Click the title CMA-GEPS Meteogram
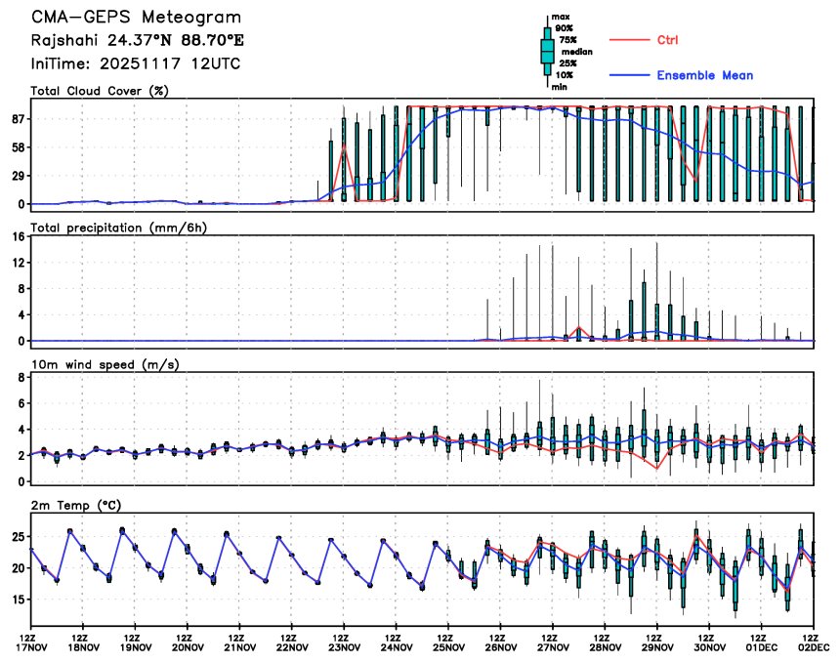[136, 18]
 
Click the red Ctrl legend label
[668, 40]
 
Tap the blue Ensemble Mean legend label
[704, 75]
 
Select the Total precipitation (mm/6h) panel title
[118, 228]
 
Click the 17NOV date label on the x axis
[31, 646]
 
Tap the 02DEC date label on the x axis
[816, 646]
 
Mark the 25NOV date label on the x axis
[448, 646]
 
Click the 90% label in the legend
[564, 28]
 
